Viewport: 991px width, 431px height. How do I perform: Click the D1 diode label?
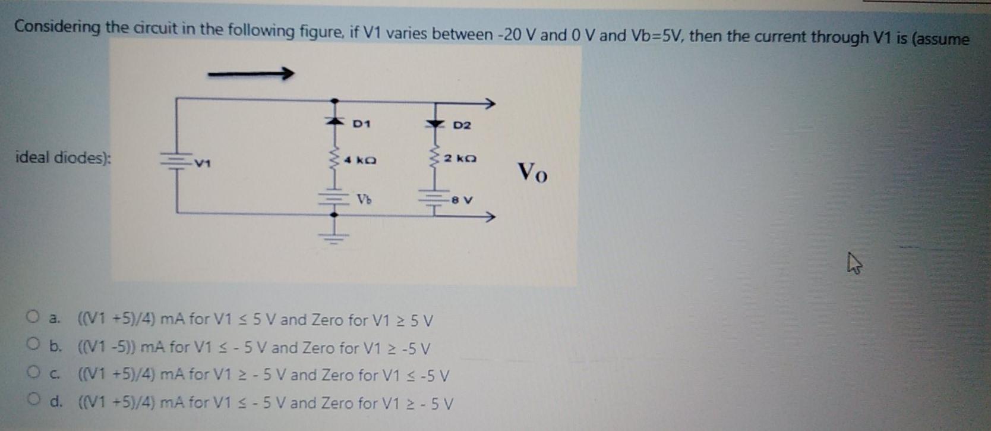pyautogui.click(x=361, y=124)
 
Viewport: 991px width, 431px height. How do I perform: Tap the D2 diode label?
pyautogui.click(x=462, y=125)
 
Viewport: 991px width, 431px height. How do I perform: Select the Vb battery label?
pyautogui.click(x=364, y=200)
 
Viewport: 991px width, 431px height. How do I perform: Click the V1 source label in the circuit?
pyautogui.click(x=203, y=162)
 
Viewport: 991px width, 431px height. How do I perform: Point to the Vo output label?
pyautogui.click(x=533, y=172)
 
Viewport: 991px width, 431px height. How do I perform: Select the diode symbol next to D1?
pyautogui.click(x=334, y=121)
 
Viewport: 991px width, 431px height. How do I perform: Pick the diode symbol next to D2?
pyautogui.click(x=435, y=124)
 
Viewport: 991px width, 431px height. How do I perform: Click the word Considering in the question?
pyautogui.click(x=57, y=27)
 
